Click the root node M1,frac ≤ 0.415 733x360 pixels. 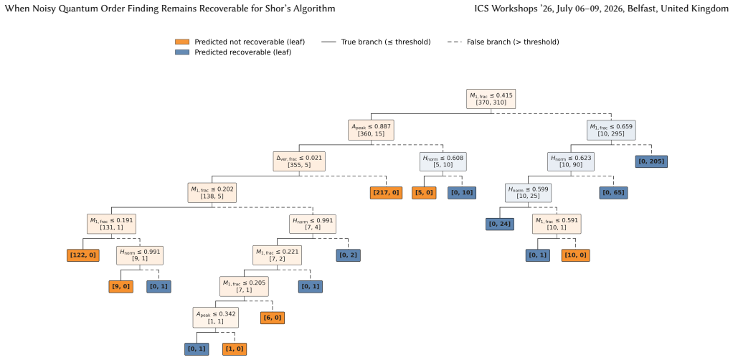[491, 99]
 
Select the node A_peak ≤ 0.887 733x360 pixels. [372, 130]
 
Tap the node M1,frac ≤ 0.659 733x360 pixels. [612, 130]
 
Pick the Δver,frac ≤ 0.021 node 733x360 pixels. [299, 161]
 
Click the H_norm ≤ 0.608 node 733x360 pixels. [443, 161]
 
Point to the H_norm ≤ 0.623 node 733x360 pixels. [571, 161]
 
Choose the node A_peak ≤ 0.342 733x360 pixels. [215, 317]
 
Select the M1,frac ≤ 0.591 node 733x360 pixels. [557, 224]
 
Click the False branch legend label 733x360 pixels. [513, 42]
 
